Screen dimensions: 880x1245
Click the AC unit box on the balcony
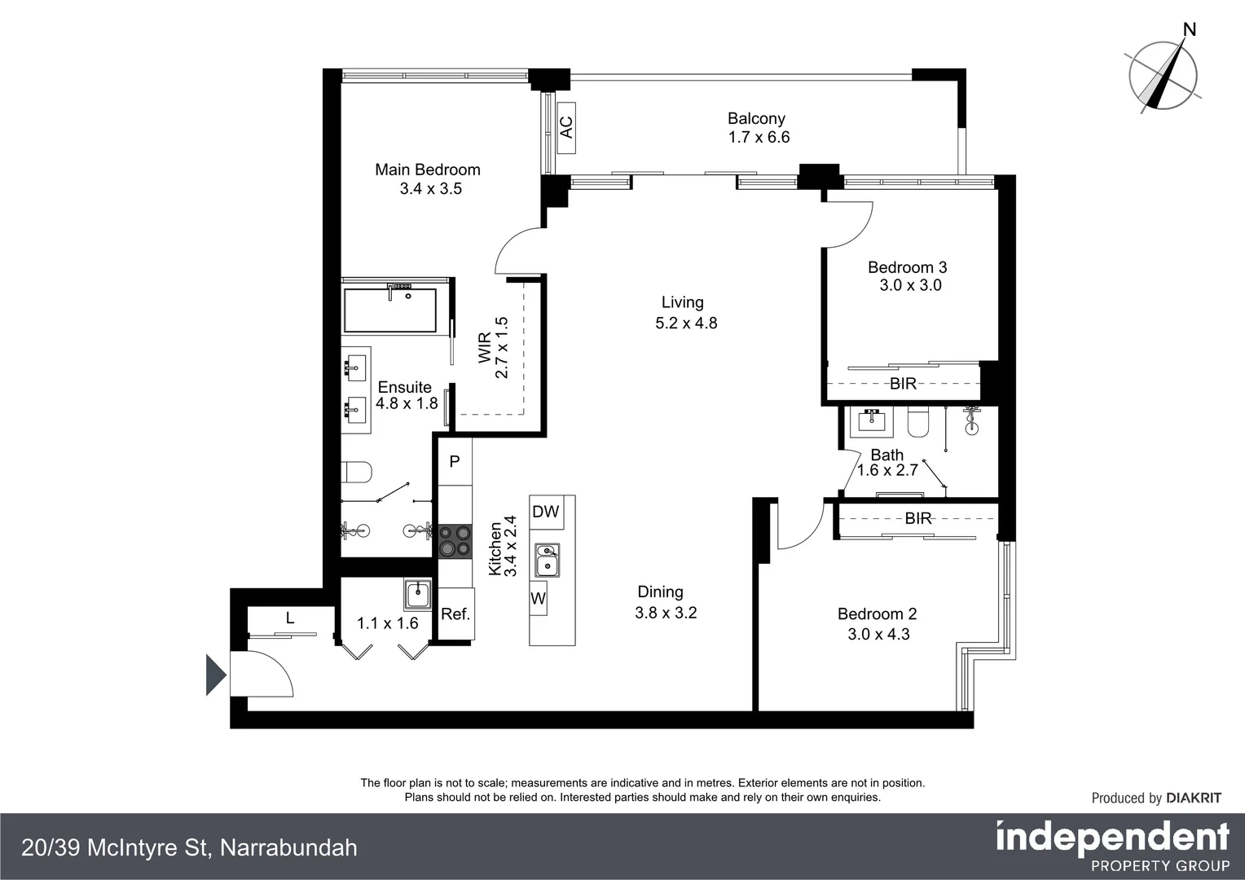click(x=566, y=127)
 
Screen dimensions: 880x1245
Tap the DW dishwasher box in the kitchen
click(x=545, y=512)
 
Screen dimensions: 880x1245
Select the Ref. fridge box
click(x=455, y=614)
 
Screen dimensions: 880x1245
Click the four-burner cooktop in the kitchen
click(x=455, y=541)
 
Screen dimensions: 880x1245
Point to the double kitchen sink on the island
click(x=548, y=560)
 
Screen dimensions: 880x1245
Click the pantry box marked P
click(x=455, y=461)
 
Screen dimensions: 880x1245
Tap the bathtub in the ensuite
click(x=389, y=310)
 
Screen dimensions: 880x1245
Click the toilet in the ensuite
click(x=357, y=472)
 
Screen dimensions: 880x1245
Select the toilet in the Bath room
click(x=917, y=423)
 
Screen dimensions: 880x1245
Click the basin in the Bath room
click(x=873, y=420)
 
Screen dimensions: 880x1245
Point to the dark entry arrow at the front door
click(x=215, y=675)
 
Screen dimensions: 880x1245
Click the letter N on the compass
click(x=1189, y=30)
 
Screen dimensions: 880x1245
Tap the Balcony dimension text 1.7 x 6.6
click(x=759, y=138)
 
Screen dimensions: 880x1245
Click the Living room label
click(x=682, y=302)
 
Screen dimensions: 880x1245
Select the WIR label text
click(x=485, y=348)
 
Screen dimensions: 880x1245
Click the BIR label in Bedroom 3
click(x=903, y=384)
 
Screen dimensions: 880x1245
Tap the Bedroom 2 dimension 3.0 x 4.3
click(x=878, y=634)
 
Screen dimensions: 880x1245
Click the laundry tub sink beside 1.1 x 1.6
click(x=417, y=594)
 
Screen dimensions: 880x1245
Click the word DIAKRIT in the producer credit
click(x=1194, y=798)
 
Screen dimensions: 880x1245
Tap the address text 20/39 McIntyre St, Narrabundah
click(x=189, y=847)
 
